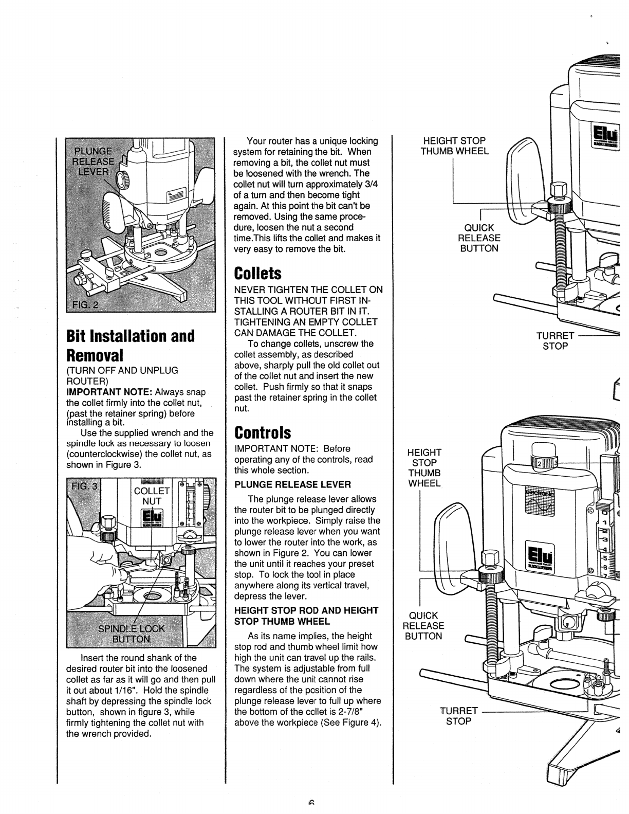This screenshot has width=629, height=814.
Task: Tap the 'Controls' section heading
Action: click(x=262, y=432)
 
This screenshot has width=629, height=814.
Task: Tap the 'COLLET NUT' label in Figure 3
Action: click(x=152, y=496)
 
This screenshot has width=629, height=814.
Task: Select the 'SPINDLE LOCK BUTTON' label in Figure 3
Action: click(x=132, y=633)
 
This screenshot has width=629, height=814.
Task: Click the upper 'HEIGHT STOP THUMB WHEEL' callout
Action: click(x=454, y=146)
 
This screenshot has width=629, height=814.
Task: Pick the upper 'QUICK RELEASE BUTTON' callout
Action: click(x=479, y=238)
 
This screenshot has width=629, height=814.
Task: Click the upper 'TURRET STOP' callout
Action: click(x=555, y=341)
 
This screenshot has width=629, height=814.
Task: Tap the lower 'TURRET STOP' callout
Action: click(x=459, y=716)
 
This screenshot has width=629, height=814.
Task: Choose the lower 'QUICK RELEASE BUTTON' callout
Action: click(x=423, y=625)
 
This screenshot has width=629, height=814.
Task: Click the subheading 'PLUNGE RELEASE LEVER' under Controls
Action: click(x=293, y=484)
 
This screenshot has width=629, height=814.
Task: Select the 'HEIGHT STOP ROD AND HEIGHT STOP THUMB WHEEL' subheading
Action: click(x=306, y=616)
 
